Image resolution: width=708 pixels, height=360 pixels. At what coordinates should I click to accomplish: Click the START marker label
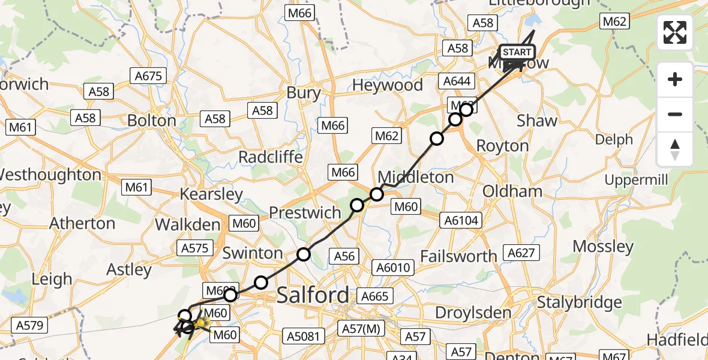tap(516, 52)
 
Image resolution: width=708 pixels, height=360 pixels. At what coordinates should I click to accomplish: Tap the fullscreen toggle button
tap(675, 32)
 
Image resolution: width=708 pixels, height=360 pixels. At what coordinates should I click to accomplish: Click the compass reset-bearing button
tap(675, 149)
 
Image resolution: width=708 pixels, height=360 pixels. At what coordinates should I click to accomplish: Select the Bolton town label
tap(152, 121)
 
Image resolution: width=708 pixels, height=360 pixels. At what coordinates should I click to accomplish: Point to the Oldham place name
tap(512, 191)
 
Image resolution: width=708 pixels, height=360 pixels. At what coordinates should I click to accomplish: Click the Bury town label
tap(304, 93)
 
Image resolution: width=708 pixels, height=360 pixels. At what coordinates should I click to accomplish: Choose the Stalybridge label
tap(580, 302)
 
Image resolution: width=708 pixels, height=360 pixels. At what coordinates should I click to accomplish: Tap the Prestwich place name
tap(305, 212)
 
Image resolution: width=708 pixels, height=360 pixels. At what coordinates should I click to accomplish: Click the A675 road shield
tap(148, 76)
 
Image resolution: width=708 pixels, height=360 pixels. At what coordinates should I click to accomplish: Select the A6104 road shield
tap(461, 221)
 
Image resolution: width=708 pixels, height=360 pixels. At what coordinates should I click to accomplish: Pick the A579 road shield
tap(29, 326)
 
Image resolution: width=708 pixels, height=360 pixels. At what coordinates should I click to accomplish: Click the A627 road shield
tap(520, 253)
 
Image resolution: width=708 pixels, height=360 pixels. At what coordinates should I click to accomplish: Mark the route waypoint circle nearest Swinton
tap(304, 254)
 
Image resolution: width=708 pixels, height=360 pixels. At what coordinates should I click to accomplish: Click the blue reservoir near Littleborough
tap(532, 22)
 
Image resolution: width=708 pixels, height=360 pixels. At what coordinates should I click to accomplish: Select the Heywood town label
tap(387, 86)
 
